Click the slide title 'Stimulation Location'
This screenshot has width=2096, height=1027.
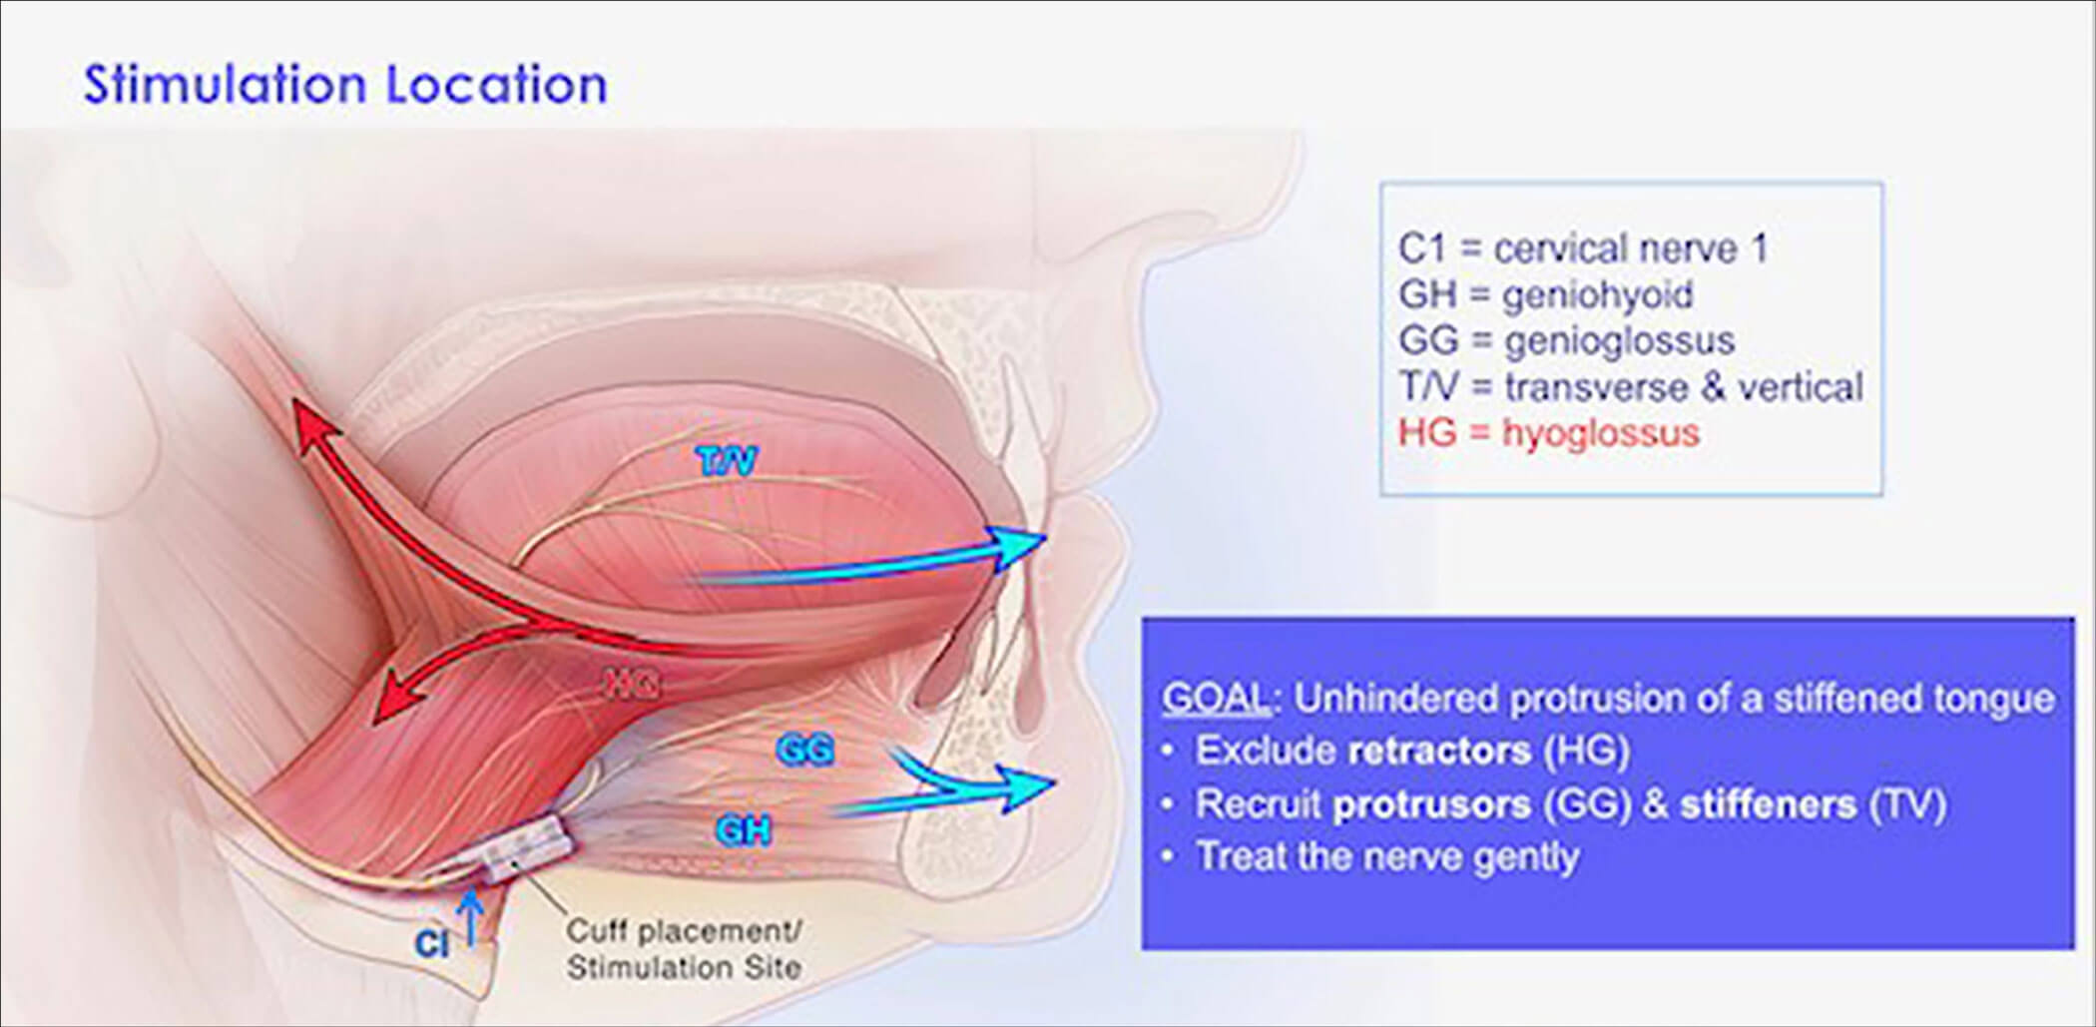point(345,84)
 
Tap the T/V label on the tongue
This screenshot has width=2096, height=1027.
point(727,461)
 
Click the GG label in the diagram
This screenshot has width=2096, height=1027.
point(804,749)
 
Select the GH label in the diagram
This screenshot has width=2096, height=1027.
point(743,829)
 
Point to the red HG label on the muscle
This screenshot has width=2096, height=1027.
point(633,684)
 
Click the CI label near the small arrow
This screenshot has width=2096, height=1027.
point(431,943)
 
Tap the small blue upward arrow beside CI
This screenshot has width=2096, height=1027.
point(471,916)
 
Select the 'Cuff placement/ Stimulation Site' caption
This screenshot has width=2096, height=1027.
point(684,948)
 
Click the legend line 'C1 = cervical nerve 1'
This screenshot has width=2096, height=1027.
point(1583,249)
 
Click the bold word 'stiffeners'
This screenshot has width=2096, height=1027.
point(1768,804)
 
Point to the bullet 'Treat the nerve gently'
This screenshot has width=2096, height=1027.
point(1387,856)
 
